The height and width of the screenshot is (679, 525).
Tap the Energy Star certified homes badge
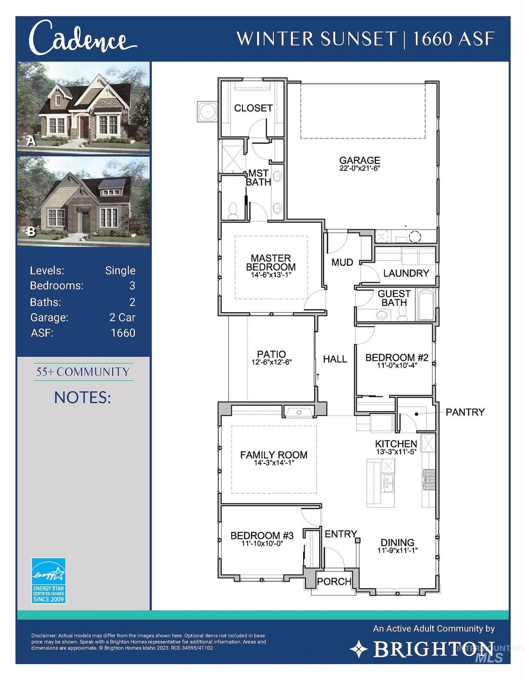pyautogui.click(x=49, y=581)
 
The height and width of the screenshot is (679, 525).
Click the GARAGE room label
pyautogui.click(x=359, y=160)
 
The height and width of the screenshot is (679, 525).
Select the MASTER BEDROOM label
pyautogui.click(x=271, y=262)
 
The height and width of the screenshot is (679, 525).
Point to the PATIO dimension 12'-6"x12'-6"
pyautogui.click(x=272, y=362)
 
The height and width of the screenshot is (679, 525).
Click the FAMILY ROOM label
pyautogui.click(x=274, y=455)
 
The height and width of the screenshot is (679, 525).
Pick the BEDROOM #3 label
pyautogui.click(x=262, y=536)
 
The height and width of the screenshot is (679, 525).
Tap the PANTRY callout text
pyautogui.click(x=465, y=412)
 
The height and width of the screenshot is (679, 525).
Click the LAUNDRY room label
pyautogui.click(x=406, y=273)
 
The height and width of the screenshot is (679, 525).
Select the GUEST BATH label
pyautogui.click(x=394, y=298)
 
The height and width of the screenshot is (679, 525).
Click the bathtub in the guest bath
pyautogui.click(x=427, y=306)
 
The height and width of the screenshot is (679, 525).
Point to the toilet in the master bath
pyautogui.click(x=233, y=211)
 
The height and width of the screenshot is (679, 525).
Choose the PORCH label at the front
pyautogui.click(x=334, y=582)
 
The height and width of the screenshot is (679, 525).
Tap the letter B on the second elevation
pyautogui.click(x=31, y=232)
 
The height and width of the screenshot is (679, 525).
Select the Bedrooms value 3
pyautogui.click(x=132, y=286)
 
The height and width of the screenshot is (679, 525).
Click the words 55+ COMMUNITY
pyautogui.click(x=83, y=372)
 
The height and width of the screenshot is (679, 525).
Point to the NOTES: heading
pyautogui.click(x=83, y=397)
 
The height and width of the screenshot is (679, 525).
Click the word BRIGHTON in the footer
pyautogui.click(x=434, y=649)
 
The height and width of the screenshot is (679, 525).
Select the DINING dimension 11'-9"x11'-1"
pyautogui.click(x=397, y=550)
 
